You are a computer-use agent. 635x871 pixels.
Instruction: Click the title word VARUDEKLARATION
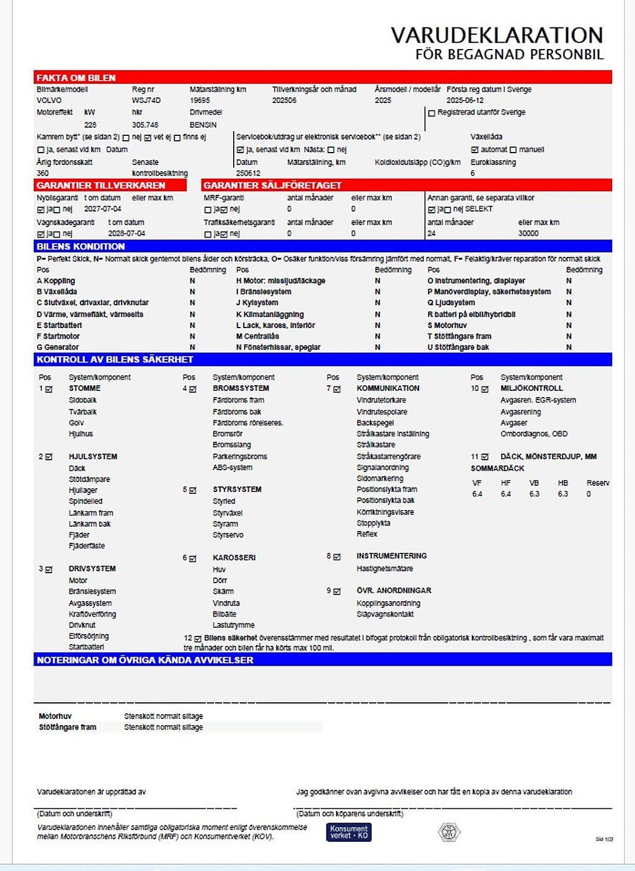(496, 35)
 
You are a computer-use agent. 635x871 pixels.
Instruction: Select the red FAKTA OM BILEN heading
(76, 78)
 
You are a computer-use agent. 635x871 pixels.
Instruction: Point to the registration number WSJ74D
(146, 100)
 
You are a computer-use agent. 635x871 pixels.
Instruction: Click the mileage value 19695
(200, 100)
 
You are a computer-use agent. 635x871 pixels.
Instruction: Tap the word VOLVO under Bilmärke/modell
(49, 100)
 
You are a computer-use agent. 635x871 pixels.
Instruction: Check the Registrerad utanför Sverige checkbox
(432, 113)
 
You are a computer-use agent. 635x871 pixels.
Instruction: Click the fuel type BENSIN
(203, 125)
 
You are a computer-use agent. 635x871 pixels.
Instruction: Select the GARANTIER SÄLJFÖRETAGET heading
(272, 185)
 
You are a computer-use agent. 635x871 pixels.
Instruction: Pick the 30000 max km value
(528, 233)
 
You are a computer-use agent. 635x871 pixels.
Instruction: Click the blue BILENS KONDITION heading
(81, 246)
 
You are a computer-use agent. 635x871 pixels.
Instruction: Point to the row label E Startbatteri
(59, 325)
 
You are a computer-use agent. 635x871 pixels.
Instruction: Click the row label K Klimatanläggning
(270, 315)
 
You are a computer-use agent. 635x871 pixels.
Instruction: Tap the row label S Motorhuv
(447, 325)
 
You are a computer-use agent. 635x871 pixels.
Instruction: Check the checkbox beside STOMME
(49, 389)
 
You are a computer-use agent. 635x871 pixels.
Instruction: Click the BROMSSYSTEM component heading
(241, 388)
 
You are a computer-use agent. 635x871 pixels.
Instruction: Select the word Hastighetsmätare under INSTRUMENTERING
(384, 568)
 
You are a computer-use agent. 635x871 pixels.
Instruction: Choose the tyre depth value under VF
(477, 494)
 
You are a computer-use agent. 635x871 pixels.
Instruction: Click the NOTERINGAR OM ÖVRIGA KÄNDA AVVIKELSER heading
(144, 660)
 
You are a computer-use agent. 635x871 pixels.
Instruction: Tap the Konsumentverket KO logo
(349, 832)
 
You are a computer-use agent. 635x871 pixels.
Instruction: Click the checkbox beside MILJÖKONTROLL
(484, 389)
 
